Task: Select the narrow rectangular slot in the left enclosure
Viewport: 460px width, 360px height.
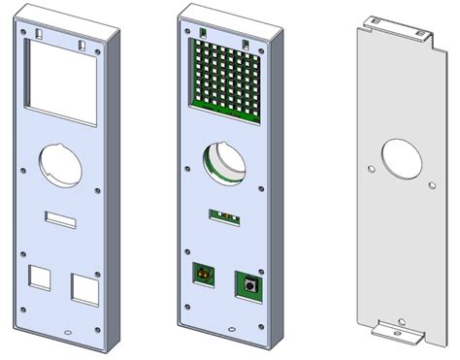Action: [59, 215]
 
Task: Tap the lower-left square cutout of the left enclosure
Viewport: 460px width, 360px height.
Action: [40, 277]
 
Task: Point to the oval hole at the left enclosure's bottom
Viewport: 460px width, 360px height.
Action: [66, 333]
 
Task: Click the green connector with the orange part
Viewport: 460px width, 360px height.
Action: [202, 275]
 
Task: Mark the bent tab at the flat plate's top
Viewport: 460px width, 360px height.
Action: [389, 26]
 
